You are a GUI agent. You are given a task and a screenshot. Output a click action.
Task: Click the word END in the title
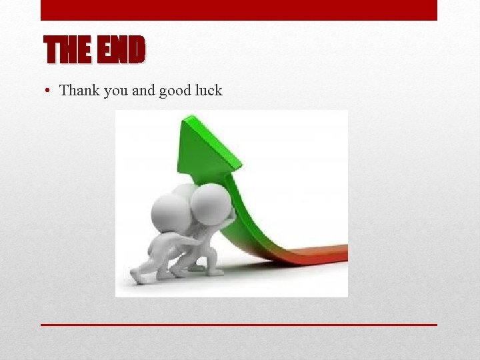pos(121,50)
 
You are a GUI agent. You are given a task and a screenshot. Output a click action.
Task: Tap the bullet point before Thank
pos(49,91)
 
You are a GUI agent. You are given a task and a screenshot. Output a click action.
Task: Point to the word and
pos(143,90)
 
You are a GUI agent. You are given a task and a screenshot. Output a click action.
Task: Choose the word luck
pos(209,90)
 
